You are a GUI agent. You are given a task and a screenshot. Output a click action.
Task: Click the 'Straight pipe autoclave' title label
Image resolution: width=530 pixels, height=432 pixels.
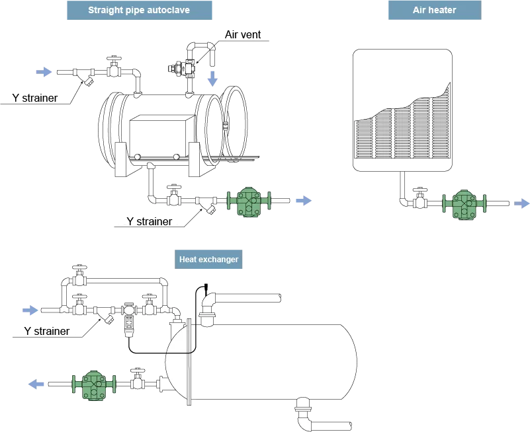tap(139, 11)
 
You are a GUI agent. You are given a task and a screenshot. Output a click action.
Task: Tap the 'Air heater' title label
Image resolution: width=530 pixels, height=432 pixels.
tap(434, 11)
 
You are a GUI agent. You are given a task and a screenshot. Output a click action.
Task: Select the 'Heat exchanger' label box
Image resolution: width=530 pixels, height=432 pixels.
tap(208, 260)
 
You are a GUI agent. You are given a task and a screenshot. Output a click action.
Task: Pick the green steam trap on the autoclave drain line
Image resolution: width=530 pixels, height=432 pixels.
tap(249, 201)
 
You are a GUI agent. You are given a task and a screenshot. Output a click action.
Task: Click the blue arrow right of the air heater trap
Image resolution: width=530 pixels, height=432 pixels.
tap(522, 204)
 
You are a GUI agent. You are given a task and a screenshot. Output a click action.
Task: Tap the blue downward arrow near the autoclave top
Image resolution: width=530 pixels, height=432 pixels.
tap(212, 79)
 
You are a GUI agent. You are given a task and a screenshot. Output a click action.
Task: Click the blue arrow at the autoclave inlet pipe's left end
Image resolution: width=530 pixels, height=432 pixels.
tap(44, 72)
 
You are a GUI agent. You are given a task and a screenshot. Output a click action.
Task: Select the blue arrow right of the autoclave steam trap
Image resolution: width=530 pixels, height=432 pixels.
tap(302, 201)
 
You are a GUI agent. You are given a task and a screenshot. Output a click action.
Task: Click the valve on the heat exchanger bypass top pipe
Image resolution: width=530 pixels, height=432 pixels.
tap(80, 275)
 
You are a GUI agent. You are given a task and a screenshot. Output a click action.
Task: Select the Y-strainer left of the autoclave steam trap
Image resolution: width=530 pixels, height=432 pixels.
tap(208, 205)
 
